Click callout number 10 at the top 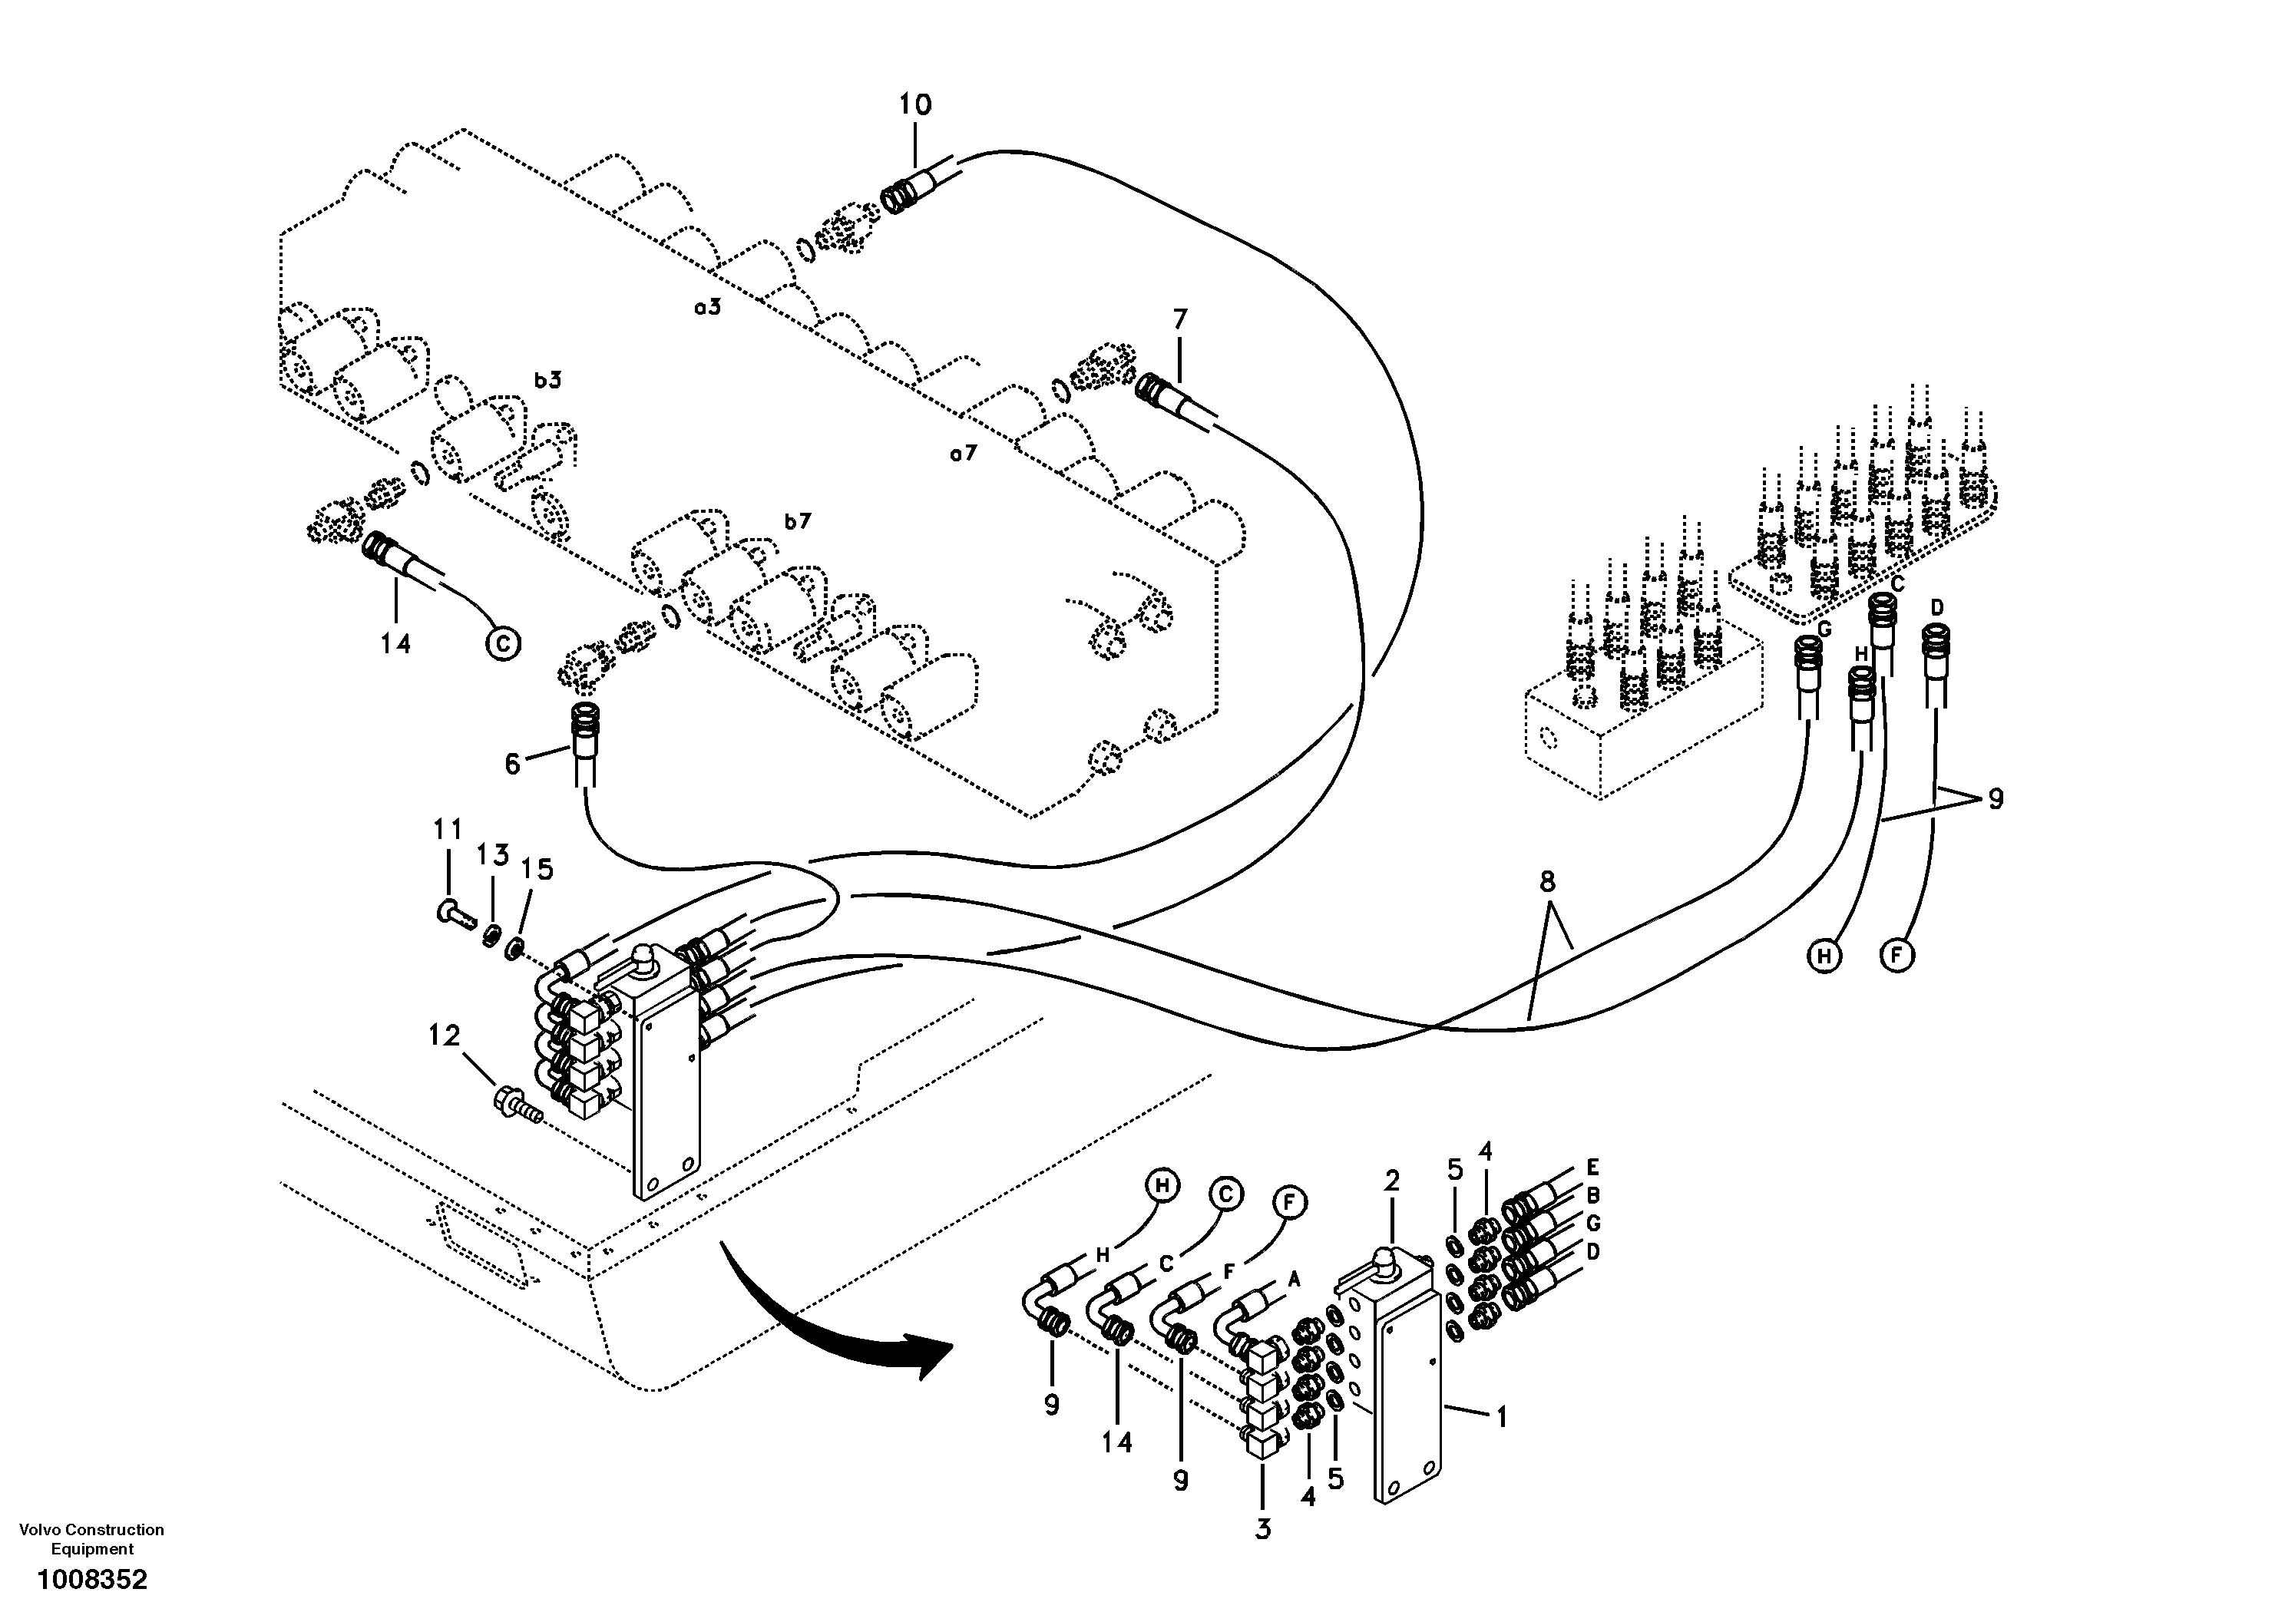pyautogui.click(x=914, y=104)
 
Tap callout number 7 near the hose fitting pyautogui.click(x=1179, y=319)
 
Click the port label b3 pyautogui.click(x=547, y=379)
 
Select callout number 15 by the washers pyautogui.click(x=537, y=870)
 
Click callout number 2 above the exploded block pyautogui.click(x=1391, y=1181)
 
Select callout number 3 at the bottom pyautogui.click(x=1262, y=1529)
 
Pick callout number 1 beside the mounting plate pyautogui.click(x=1502, y=1416)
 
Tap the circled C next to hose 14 pyautogui.click(x=503, y=645)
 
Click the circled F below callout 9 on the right pyautogui.click(x=1896, y=956)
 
